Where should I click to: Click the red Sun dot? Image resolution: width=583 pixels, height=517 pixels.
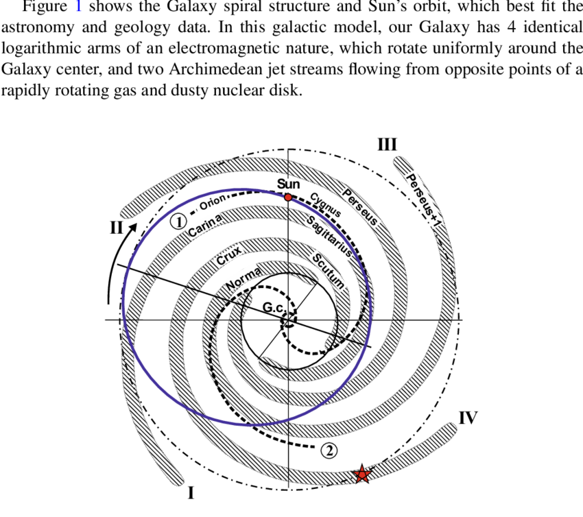point(288,197)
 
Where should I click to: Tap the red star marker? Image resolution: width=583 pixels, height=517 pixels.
point(361,474)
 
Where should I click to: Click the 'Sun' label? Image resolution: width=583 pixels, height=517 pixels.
point(289,184)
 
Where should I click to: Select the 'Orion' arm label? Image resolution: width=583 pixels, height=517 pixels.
point(213,202)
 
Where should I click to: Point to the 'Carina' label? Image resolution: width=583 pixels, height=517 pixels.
point(205,225)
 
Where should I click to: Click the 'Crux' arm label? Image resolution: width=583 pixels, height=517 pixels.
point(229,254)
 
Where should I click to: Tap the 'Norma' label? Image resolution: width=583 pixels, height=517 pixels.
point(243,279)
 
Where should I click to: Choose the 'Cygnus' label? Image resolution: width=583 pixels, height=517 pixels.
point(325,204)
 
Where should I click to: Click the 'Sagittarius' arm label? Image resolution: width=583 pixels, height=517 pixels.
point(329,237)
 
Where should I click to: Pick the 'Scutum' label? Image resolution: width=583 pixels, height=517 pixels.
point(328,271)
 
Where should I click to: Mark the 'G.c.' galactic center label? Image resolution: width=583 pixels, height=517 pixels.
point(274,307)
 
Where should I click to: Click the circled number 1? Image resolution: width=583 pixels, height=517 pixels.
point(178,222)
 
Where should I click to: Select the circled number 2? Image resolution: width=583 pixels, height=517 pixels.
point(329,451)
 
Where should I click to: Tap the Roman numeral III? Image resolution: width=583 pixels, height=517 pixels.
point(388,144)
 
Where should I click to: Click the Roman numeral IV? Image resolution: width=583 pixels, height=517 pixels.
point(468,418)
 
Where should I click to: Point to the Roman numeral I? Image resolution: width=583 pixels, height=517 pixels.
point(191,493)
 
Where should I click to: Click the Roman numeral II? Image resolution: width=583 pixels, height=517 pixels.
point(117,227)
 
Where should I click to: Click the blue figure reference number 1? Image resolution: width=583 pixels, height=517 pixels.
point(78,6)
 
